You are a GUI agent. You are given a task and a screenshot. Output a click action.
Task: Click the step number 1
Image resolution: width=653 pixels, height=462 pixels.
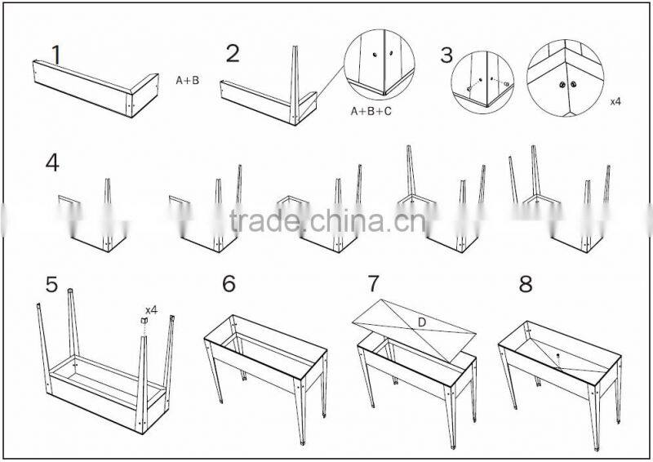(56, 54)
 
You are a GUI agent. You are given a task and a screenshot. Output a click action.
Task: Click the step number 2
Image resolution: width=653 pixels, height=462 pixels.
(233, 54)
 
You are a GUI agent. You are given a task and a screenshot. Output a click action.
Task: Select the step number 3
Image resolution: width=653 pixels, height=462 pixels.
(446, 56)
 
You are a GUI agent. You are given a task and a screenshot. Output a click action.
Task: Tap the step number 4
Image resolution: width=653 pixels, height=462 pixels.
(52, 162)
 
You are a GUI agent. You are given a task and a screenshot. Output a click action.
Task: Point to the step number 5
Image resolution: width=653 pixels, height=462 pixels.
(52, 285)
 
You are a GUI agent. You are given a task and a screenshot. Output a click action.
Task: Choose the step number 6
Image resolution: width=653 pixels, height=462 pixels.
(229, 284)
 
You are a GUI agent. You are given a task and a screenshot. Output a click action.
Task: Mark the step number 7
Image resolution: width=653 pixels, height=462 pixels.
(374, 284)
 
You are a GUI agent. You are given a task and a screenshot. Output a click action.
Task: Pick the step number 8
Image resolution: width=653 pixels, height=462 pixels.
(526, 284)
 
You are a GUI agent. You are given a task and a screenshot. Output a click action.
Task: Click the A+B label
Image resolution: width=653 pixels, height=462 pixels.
(188, 81)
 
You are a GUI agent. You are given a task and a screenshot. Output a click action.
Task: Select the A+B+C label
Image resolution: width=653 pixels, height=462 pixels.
(371, 110)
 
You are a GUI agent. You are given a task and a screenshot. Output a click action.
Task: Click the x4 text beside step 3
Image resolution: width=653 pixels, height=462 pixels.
(617, 104)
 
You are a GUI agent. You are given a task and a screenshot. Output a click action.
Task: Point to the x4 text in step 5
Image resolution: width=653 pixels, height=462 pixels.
(151, 310)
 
